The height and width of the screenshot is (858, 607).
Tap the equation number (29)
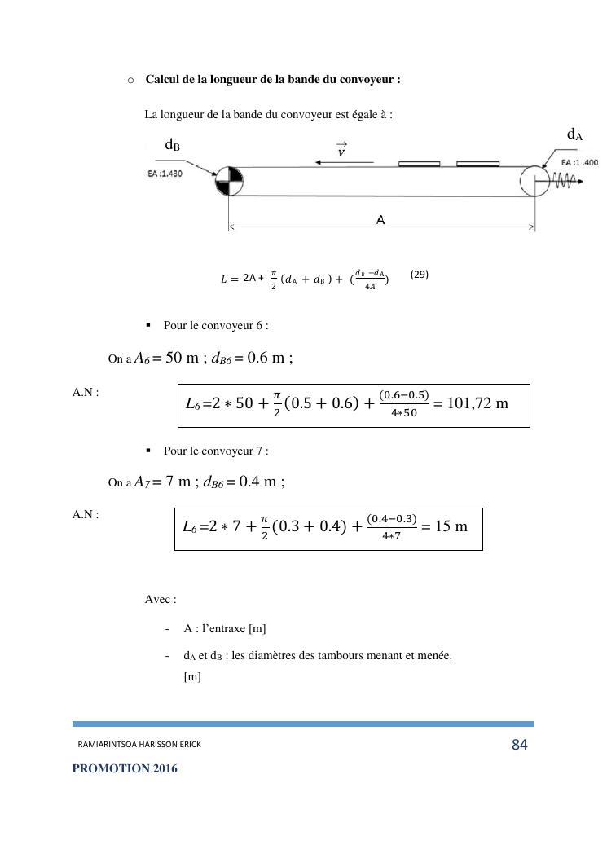419,275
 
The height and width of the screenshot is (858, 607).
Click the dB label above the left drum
172,145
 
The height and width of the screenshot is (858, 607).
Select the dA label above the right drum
574,134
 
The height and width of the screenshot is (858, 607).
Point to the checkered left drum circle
229,181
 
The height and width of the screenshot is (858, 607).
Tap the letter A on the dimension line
380,219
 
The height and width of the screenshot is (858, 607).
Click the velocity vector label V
341,151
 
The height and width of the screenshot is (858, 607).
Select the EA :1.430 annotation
165,174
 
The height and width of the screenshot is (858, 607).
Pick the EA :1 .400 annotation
579,163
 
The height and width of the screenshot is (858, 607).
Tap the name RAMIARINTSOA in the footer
107,745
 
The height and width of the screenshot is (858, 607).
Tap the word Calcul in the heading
163,80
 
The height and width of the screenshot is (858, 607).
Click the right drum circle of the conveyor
535,181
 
